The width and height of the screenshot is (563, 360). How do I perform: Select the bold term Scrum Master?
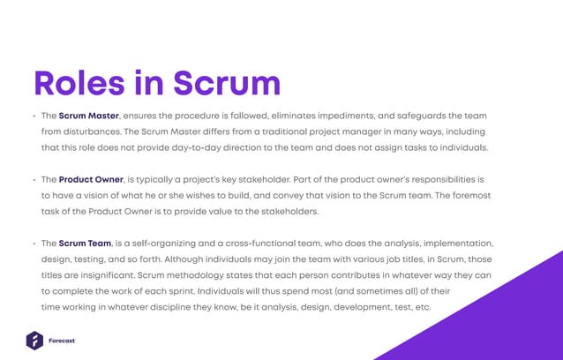[89, 116]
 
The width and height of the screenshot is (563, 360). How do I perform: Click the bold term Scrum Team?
[86, 243]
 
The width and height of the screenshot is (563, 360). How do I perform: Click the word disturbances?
[85, 131]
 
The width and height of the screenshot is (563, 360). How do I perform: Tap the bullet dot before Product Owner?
[33, 180]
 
